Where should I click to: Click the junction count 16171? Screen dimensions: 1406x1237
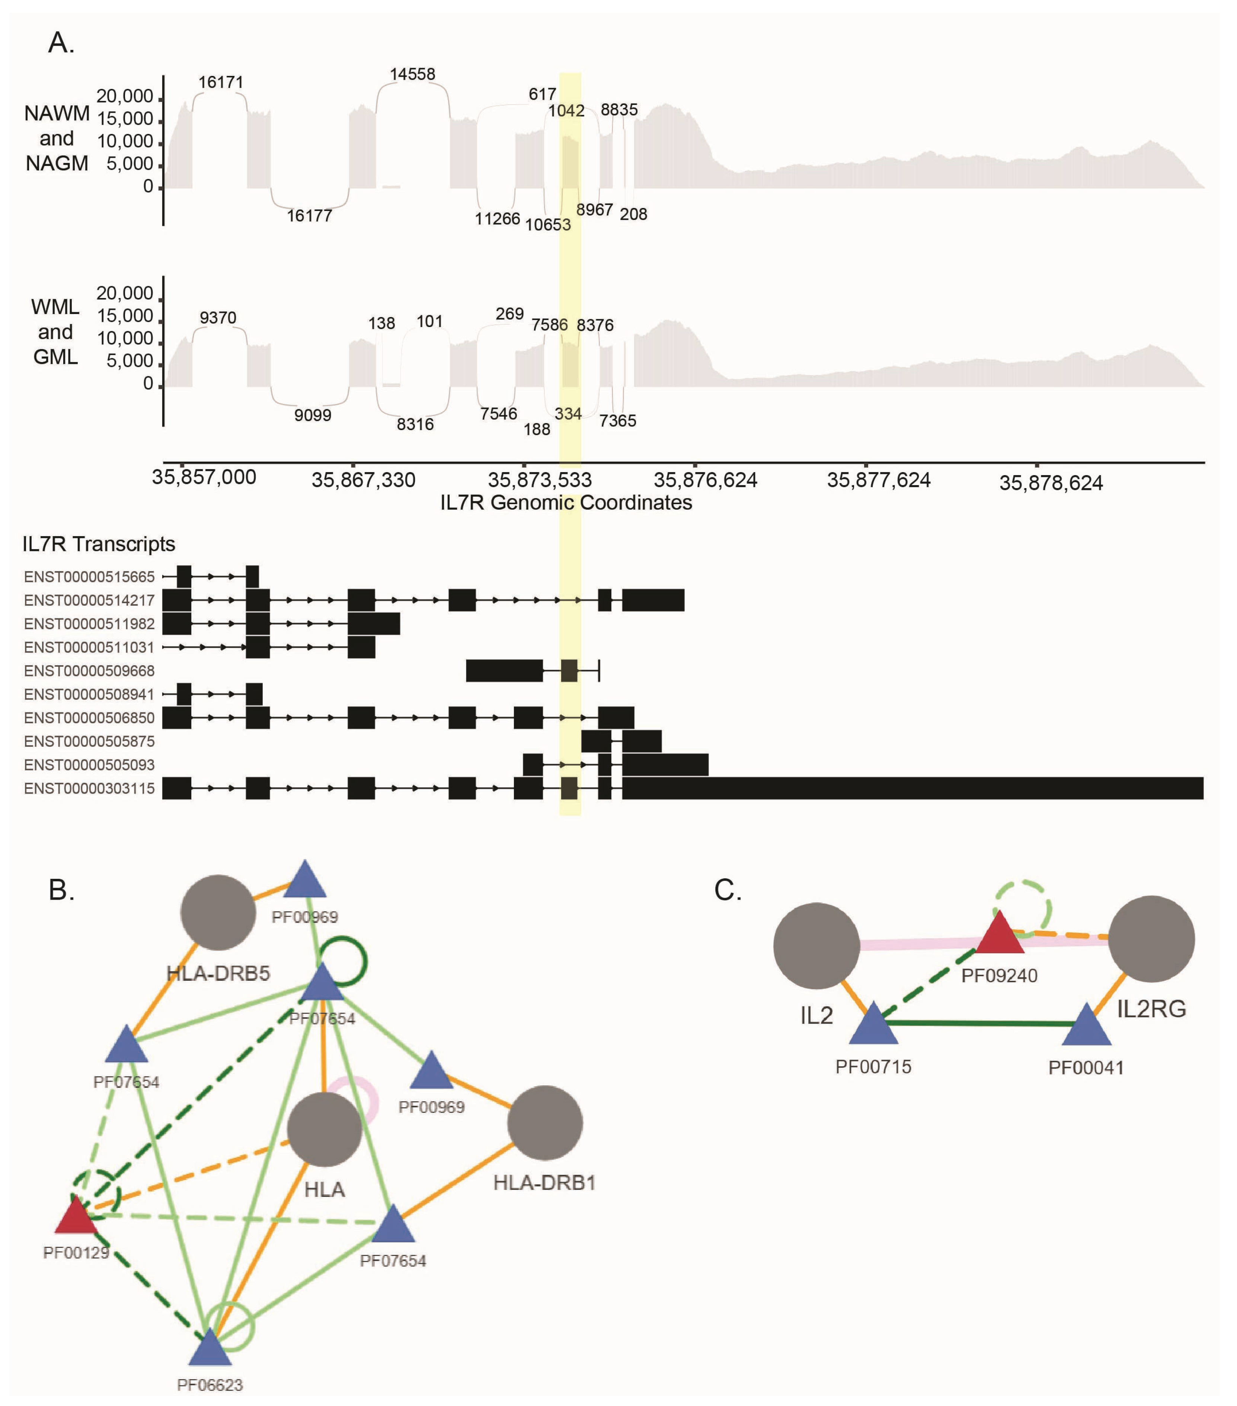click(x=221, y=83)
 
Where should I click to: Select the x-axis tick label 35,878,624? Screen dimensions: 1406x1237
click(x=1051, y=483)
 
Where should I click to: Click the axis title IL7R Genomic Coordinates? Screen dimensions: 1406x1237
click(x=566, y=503)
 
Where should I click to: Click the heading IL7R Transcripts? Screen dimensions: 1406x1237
click(x=98, y=544)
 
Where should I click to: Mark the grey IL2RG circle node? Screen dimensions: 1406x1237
click(x=1151, y=939)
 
